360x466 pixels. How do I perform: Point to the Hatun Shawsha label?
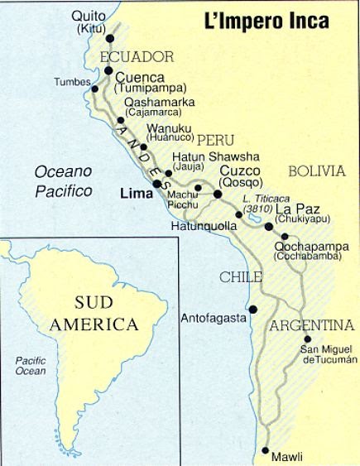tap(215, 156)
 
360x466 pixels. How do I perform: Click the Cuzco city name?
tap(240, 171)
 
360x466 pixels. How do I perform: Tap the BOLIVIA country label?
tap(315, 171)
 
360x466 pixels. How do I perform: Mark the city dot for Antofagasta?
tap(253, 310)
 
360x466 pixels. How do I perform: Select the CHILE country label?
tap(241, 276)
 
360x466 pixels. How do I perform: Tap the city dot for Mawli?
tap(266, 451)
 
